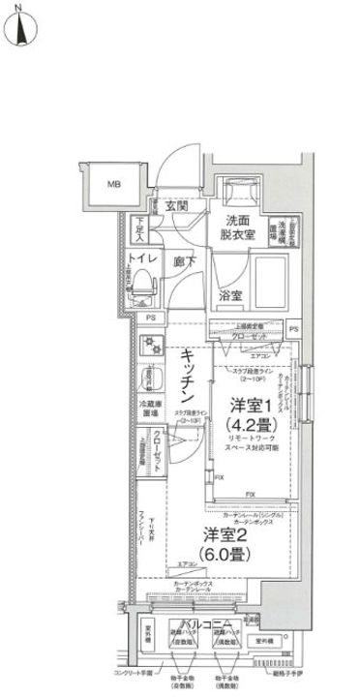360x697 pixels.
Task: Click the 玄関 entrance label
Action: click(x=175, y=206)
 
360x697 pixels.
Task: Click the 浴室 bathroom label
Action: click(x=230, y=294)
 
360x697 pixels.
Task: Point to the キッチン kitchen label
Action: click(x=190, y=379)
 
